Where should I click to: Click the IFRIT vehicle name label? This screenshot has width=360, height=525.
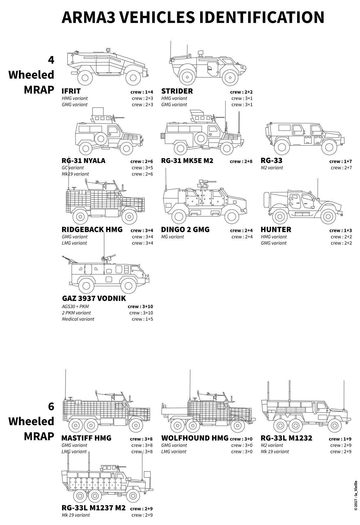[x=71, y=91]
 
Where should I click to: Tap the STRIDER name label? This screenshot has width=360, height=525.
[x=177, y=91]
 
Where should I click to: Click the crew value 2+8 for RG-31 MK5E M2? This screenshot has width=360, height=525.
[x=247, y=161]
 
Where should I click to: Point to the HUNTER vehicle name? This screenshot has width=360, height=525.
[x=276, y=229]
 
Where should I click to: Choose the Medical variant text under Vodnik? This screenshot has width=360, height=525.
[x=78, y=319]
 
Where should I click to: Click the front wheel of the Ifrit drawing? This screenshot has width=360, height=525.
[x=133, y=78]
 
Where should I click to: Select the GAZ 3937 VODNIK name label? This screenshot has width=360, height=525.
[x=94, y=298]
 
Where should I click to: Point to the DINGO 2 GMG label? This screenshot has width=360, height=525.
[x=185, y=229]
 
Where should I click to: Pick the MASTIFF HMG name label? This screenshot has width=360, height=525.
[x=87, y=438]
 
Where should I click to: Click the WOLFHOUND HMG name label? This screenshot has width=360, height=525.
[x=195, y=438]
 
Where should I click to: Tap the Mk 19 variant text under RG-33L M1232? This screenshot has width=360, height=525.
[x=275, y=451]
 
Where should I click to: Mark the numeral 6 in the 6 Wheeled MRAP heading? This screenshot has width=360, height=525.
[x=51, y=406]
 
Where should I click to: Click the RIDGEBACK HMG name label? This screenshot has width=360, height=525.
[x=92, y=229]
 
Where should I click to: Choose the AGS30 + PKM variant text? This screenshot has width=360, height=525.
[x=75, y=307]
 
